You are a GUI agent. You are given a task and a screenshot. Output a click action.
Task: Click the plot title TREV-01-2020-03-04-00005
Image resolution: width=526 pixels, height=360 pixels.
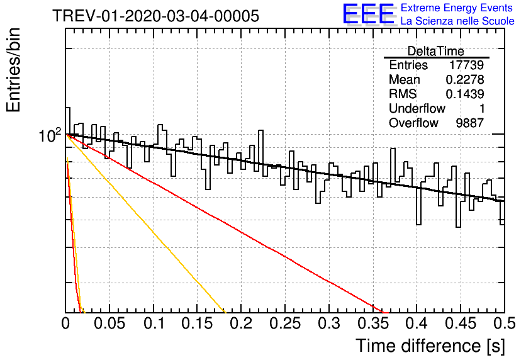(x=155, y=16)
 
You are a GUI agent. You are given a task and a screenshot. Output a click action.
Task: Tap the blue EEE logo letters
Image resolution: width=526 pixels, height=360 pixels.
(x=369, y=14)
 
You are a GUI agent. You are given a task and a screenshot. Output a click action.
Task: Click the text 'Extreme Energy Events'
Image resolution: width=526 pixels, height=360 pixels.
(x=457, y=8)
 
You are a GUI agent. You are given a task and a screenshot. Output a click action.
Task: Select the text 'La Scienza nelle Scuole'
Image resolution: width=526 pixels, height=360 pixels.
(x=457, y=21)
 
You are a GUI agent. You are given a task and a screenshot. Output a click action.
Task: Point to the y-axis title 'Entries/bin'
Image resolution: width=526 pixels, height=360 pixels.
(x=14, y=70)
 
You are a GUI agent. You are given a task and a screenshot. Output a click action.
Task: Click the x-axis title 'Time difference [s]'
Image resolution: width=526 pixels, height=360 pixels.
(x=430, y=346)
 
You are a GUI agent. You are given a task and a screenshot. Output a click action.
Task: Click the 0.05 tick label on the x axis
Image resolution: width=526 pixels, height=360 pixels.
(x=109, y=323)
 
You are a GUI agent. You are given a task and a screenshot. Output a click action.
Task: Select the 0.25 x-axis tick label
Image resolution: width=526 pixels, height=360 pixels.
(x=285, y=323)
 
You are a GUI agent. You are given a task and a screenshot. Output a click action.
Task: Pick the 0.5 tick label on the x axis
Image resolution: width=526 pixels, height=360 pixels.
(x=504, y=323)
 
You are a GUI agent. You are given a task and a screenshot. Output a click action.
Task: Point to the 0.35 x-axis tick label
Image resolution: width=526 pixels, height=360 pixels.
(x=373, y=323)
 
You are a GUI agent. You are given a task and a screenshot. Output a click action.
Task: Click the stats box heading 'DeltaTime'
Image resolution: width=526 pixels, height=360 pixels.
(x=436, y=51)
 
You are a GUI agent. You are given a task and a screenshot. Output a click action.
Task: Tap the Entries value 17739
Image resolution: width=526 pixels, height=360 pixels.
(x=467, y=65)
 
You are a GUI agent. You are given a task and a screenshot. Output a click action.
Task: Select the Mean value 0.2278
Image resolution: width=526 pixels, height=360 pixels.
(x=465, y=79)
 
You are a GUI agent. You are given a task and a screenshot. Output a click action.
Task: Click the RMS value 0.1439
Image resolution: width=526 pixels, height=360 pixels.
(x=465, y=94)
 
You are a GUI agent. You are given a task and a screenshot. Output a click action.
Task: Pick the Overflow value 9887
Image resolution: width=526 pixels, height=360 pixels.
(x=469, y=123)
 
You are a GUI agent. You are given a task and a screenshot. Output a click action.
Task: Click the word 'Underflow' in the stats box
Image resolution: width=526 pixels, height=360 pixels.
(x=417, y=108)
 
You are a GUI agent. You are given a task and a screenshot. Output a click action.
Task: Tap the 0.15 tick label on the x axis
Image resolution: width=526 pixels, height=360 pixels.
(x=198, y=323)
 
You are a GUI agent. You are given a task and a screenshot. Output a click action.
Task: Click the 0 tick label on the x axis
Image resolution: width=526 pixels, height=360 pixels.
(x=65, y=323)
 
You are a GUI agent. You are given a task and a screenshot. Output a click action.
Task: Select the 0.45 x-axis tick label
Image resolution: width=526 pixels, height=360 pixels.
(x=461, y=323)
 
